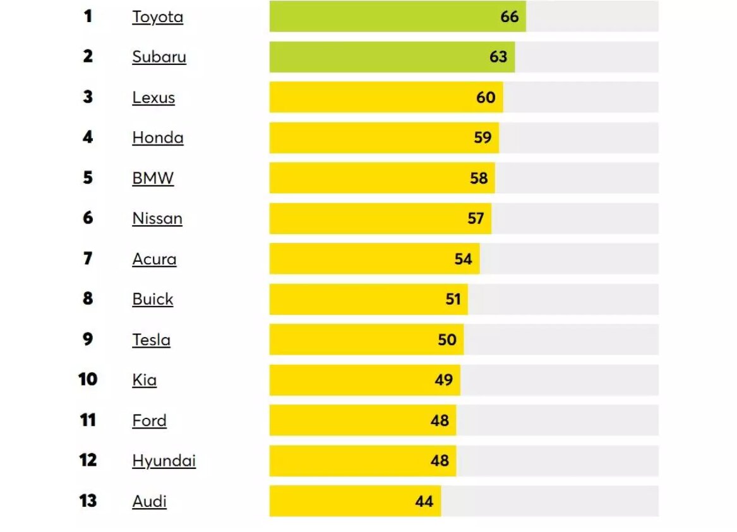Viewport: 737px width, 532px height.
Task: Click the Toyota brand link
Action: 157,17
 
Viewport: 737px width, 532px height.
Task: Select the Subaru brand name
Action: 159,57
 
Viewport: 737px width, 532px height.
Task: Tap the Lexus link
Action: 153,98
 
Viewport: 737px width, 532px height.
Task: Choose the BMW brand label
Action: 153,178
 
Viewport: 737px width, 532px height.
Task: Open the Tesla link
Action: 151,340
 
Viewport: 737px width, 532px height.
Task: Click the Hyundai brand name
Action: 164,461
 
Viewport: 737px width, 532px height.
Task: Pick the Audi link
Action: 149,501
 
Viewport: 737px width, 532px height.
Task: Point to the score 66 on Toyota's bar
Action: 509,16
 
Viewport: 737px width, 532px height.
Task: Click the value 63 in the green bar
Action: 498,57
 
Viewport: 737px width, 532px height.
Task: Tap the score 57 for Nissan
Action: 475,218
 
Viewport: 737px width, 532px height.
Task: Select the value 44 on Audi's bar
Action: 424,501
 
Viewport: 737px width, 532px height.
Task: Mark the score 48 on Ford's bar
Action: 440,420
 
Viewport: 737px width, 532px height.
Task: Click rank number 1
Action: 88,16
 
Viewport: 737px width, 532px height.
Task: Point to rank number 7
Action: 88,259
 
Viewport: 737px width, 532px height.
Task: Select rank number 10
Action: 88,380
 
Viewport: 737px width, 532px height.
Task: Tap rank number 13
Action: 88,501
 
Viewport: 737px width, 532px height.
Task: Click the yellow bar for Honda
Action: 366,138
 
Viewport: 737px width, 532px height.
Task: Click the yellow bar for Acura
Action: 360,259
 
